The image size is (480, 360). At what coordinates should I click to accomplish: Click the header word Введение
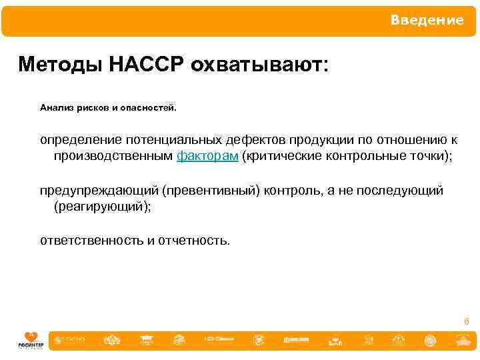[x=427, y=21]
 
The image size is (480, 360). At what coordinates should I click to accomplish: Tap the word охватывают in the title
[x=257, y=65]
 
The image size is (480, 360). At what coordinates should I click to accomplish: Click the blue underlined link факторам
[x=207, y=156]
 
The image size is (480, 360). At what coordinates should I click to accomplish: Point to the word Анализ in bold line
[x=55, y=107]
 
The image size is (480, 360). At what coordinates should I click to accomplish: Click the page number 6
[x=467, y=321]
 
